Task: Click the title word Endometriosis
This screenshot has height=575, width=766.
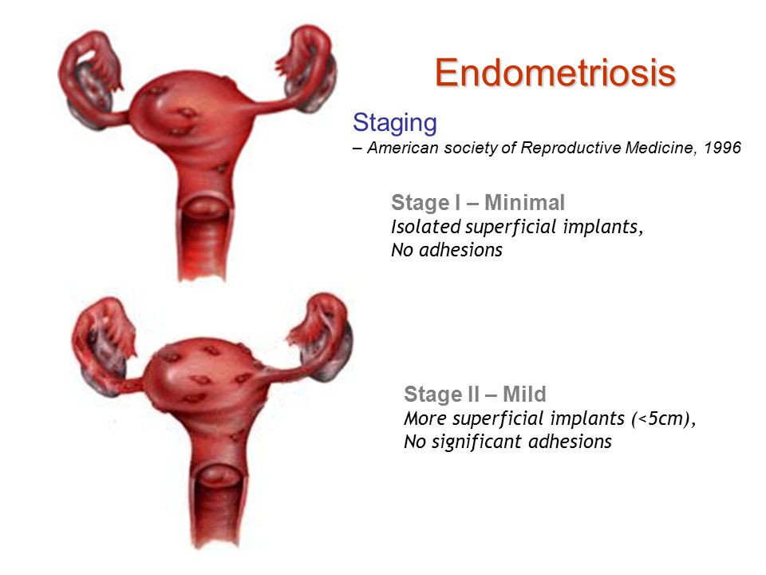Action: click(x=555, y=73)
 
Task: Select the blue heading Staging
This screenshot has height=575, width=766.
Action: click(x=395, y=123)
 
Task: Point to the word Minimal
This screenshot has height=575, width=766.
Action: click(x=525, y=202)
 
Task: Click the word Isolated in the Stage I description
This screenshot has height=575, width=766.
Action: click(x=426, y=226)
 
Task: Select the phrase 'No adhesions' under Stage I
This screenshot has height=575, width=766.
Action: click(x=447, y=250)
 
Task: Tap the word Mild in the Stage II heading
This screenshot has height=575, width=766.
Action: click(x=524, y=394)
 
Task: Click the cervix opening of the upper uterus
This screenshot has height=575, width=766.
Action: click(x=204, y=206)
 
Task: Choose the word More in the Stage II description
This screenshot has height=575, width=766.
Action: click(x=425, y=418)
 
